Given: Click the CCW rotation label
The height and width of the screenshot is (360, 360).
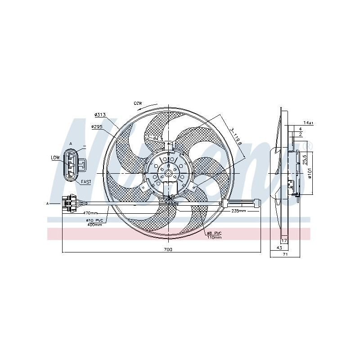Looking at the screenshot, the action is pos(138,103).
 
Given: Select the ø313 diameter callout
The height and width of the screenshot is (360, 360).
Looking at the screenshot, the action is pos(100,115).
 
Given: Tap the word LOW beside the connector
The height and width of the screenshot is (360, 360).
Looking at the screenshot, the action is pos(55,158).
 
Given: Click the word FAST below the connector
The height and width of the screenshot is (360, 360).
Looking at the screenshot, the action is pos(86,181).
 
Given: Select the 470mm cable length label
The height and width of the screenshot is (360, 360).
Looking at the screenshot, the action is pos(90,212).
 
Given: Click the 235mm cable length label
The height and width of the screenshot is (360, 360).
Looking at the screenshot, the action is pos(238,211).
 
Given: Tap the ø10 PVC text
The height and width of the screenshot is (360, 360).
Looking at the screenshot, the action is pos(95,220).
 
